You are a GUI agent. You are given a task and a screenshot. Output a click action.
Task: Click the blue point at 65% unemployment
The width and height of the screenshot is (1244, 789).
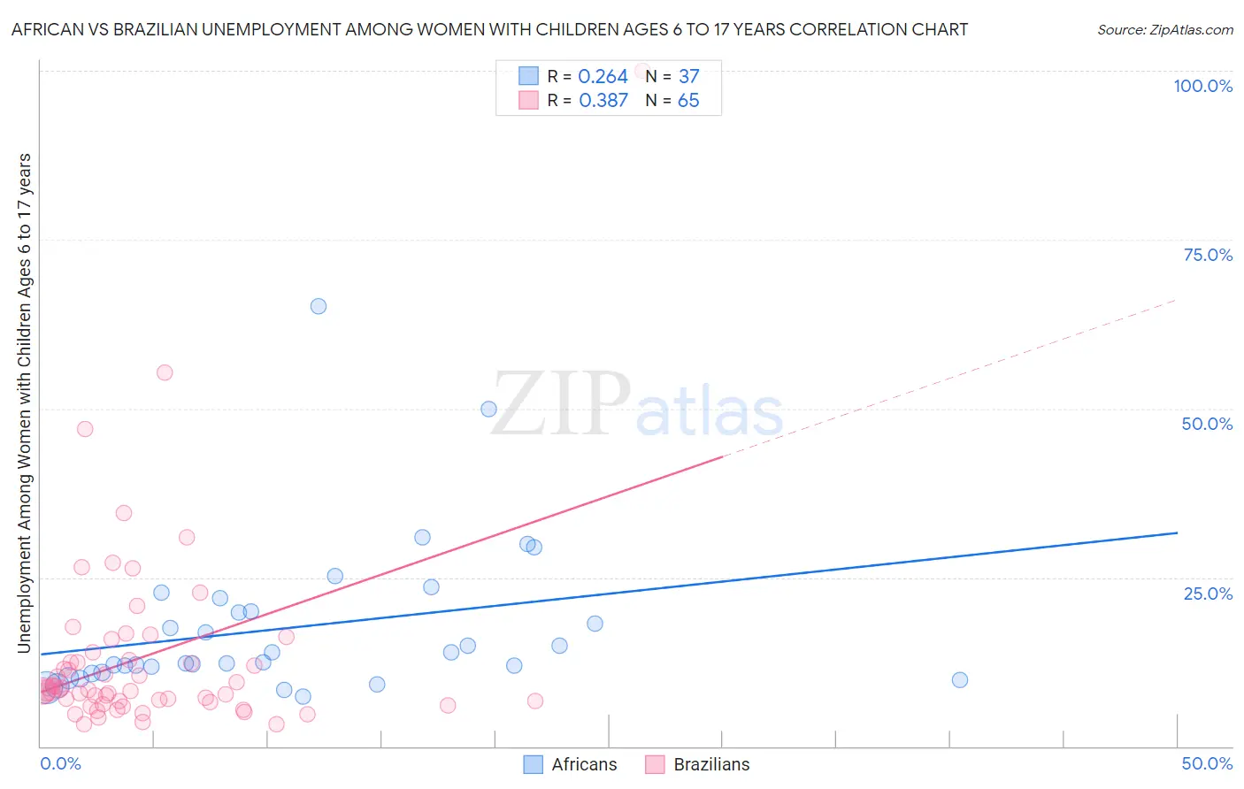[x=319, y=306]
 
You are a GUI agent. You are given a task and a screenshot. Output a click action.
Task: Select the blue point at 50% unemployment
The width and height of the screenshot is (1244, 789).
[x=488, y=409]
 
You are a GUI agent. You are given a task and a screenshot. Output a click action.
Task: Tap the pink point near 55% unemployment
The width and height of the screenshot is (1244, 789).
[x=165, y=372]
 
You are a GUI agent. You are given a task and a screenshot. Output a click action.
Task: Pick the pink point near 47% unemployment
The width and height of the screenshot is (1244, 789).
[x=85, y=429]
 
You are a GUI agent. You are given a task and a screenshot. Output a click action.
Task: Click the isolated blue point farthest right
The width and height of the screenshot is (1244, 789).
[x=960, y=680]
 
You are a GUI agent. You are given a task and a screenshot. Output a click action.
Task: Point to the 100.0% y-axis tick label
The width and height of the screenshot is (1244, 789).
[x=1202, y=86]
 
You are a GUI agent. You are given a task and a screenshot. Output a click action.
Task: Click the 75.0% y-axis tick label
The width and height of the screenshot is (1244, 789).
[x=1208, y=255]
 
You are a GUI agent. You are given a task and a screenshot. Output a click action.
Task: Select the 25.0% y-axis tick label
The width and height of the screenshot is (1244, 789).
[x=1208, y=594]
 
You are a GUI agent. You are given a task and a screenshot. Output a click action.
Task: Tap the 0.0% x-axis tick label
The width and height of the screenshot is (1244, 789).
[x=61, y=763]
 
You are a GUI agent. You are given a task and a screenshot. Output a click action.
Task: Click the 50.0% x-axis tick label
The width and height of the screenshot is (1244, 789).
[x=1207, y=763]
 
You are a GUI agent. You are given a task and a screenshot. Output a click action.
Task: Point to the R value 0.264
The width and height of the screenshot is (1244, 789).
[x=603, y=77]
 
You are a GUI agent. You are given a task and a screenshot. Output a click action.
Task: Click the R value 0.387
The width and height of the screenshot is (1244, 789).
[x=603, y=101]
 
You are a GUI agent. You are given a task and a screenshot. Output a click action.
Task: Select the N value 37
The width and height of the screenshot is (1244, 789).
[x=688, y=77]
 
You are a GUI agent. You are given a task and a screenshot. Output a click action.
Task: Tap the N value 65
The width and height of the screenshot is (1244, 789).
[x=688, y=101]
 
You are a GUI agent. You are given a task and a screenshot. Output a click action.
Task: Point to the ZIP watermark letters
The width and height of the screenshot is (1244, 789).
[x=560, y=405]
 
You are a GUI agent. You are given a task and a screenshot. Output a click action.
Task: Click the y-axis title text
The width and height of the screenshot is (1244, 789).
[x=25, y=403]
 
